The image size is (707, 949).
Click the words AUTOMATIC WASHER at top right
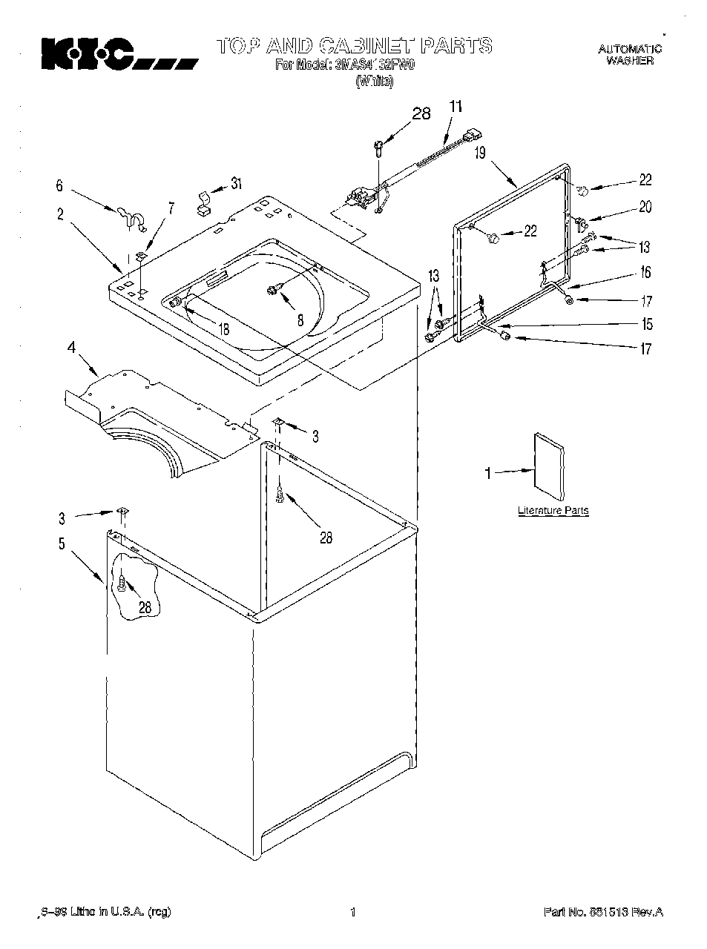pos(630,55)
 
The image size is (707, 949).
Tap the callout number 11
pos(456,107)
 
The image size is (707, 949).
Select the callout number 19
pos(480,154)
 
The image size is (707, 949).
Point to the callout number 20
pos(645,207)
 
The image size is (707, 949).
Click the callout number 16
pos(645,273)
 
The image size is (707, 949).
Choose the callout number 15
pos(648,324)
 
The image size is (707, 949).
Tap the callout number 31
pos(235,184)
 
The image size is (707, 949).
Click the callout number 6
pos(60,187)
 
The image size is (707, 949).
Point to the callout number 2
pos(60,215)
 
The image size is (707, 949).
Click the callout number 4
pos(72,346)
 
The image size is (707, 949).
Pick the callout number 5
pos(62,543)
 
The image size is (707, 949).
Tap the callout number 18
pos(223,329)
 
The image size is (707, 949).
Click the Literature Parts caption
pos(553,511)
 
